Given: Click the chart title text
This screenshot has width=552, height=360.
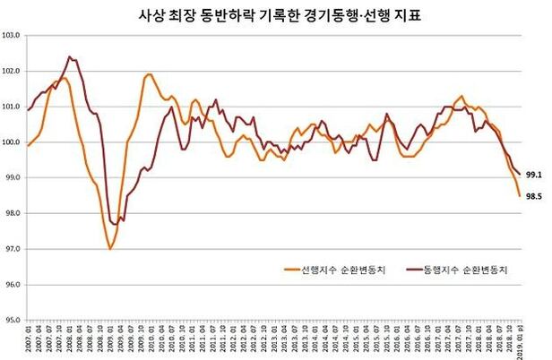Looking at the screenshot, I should pyautogui.click(x=275, y=14).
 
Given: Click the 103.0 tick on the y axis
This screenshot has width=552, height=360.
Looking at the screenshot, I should pyautogui.click(x=14, y=36).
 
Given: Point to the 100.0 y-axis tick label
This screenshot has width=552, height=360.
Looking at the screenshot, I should pyautogui.click(x=14, y=142).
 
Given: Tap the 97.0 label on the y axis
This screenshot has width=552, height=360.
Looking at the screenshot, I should pyautogui.click(x=14, y=249).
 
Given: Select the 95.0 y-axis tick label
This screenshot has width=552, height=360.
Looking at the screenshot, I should pyautogui.click(x=14, y=320).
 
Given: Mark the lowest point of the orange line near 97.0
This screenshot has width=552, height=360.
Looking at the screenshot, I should pyautogui.click(x=110, y=249).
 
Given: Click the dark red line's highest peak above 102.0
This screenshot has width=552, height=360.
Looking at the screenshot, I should pyautogui.click(x=69, y=56).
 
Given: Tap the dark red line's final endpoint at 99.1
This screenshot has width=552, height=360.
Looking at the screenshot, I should pyautogui.click(x=521, y=174).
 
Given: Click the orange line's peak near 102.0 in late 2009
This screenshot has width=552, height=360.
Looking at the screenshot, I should pyautogui.click(x=148, y=74).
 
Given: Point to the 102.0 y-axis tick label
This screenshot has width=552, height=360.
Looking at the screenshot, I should pyautogui.click(x=14, y=72).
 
